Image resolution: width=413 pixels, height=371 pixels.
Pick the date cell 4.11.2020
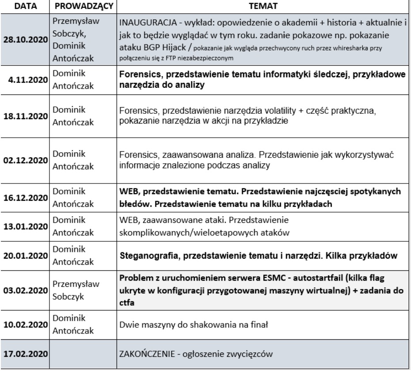tap(29, 81)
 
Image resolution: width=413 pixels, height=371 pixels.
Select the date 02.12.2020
tap(27, 159)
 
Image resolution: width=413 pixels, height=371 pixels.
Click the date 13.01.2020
tap(27, 227)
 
